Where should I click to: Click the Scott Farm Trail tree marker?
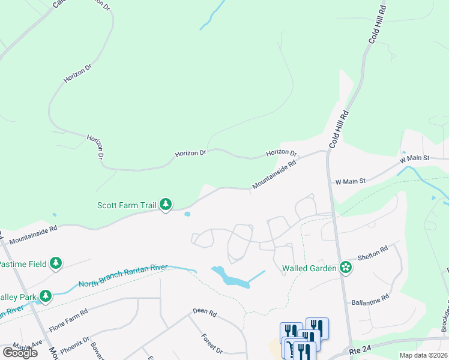tap(166, 205)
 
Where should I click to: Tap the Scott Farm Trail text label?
tap(127, 205)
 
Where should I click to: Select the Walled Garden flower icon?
tap(346, 268)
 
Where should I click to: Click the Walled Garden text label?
tap(310, 268)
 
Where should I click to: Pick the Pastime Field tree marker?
tap(56, 263)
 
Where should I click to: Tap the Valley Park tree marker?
tap(46, 295)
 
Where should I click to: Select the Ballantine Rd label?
tap(370, 298)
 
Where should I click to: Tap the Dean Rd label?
tap(204, 312)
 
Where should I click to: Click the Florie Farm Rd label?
tap(68, 321)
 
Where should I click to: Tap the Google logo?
tap(20, 353)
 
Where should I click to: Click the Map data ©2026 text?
tap(423, 355)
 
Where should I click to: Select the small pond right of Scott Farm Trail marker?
tap(187, 214)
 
